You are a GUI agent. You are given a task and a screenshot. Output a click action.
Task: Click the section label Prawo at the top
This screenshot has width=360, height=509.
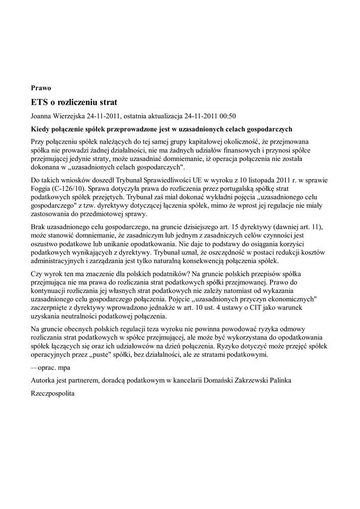tap(41, 88)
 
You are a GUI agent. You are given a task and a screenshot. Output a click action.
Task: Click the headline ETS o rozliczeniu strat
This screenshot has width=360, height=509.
tap(74, 103)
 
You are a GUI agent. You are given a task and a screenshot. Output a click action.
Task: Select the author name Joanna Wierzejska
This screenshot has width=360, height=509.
tap(58, 116)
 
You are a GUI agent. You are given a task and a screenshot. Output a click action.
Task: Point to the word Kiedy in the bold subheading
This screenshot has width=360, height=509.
tap(40, 129)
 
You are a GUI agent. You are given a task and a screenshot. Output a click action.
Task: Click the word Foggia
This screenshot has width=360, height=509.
tap(41, 189)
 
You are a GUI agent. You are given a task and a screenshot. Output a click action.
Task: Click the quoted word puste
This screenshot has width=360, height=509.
tap(127, 355)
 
